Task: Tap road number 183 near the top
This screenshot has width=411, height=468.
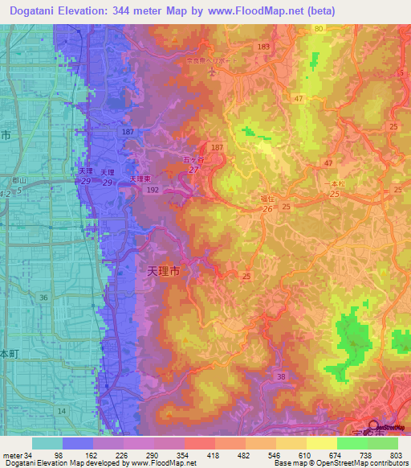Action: (264, 47)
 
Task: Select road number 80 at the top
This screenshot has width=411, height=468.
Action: (319, 29)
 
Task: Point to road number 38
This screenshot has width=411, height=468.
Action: (280, 376)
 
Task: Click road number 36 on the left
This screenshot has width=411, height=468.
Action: (44, 298)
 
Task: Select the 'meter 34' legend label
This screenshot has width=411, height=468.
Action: (16, 455)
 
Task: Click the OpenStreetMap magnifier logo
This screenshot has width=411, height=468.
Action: (375, 425)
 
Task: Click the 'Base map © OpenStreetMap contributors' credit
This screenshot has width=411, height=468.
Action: (339, 463)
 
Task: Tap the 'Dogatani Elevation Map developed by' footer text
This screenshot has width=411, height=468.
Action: (64, 463)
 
